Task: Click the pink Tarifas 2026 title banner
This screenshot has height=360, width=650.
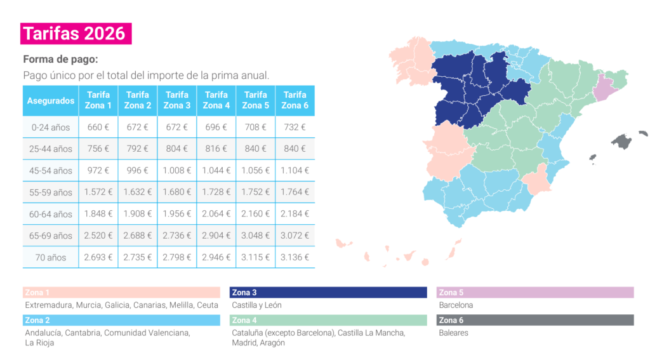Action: [76, 34]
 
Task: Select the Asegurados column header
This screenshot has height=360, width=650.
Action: [51, 101]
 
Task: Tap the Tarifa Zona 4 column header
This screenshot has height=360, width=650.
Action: [216, 101]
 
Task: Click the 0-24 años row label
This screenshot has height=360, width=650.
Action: [51, 128]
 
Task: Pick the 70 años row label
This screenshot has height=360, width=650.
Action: [51, 258]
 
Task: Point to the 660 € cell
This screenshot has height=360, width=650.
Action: [98, 128]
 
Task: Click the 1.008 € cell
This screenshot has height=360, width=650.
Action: [177, 170]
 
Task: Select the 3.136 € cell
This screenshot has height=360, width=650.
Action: [295, 257]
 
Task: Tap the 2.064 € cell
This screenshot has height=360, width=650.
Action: [216, 214]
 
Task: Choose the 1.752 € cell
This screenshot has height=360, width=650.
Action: [255, 192]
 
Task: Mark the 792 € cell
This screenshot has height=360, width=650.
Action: [138, 149]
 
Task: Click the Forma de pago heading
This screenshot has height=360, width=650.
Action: [60, 59]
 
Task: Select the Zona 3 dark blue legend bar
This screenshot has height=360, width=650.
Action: [328, 293]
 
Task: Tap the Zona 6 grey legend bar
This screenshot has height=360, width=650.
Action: [535, 320]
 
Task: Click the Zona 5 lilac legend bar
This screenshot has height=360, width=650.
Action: [535, 293]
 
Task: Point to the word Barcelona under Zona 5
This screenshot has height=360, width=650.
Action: [456, 305]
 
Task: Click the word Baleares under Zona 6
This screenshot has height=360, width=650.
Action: [453, 333]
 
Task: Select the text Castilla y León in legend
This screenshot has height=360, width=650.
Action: [256, 305]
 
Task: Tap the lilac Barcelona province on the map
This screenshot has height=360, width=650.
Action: [604, 88]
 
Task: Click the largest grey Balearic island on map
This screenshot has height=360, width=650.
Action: [622, 142]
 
